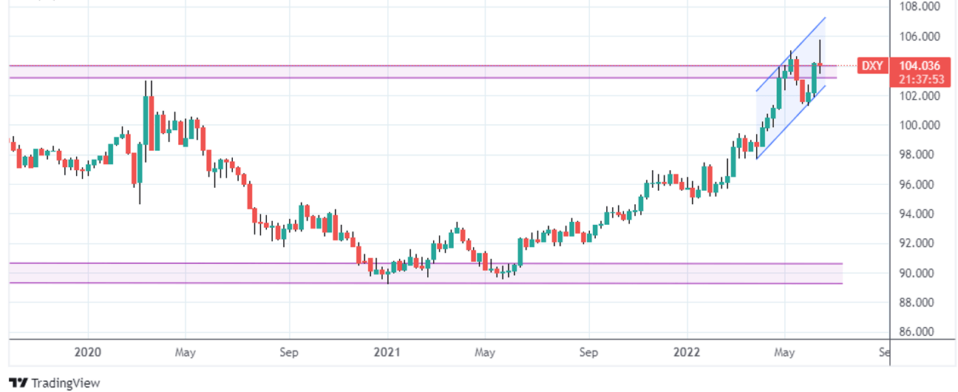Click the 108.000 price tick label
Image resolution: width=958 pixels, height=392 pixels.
click(919, 7)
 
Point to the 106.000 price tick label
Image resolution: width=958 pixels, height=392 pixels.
click(919, 36)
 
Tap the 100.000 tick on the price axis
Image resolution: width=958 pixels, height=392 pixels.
click(919, 125)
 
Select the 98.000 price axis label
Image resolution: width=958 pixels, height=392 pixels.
click(919, 155)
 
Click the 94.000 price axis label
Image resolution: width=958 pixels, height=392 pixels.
click(919, 214)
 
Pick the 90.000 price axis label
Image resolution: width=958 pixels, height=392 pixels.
click(919, 273)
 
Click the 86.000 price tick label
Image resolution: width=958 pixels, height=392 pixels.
click(919, 332)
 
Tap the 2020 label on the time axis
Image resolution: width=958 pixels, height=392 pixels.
click(88, 353)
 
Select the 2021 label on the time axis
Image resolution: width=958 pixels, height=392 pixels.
click(387, 353)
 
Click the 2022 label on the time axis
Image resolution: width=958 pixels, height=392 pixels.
click(687, 353)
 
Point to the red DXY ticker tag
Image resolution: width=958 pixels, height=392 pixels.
click(872, 66)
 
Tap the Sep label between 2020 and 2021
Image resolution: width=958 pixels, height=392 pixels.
click(289, 353)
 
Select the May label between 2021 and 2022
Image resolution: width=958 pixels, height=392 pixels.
click(485, 353)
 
